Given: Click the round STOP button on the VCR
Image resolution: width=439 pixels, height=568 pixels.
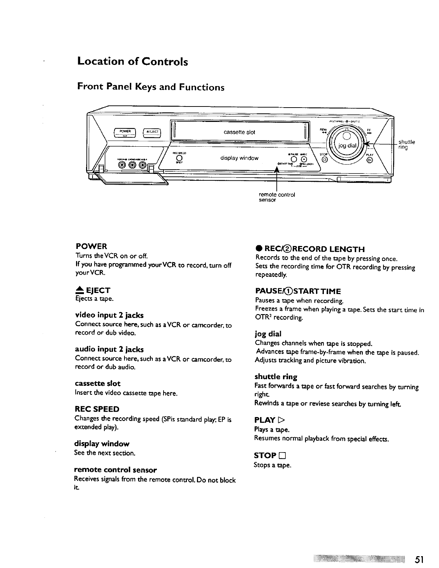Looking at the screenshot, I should (x=325, y=160).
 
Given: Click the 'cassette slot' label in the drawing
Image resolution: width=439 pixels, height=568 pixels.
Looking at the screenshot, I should (x=239, y=132).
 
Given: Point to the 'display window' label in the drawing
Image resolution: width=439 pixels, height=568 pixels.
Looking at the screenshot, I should (x=239, y=158).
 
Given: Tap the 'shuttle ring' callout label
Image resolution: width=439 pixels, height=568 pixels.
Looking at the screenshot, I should (x=407, y=144).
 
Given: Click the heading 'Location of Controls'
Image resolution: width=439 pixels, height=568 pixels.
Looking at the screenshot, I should (x=133, y=62).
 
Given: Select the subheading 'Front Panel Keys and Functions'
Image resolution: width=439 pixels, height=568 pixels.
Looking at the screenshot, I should (x=151, y=87).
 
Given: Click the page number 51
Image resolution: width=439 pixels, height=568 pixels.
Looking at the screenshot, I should (x=420, y=559).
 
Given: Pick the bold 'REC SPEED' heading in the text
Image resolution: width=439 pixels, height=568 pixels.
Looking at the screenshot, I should (x=97, y=409).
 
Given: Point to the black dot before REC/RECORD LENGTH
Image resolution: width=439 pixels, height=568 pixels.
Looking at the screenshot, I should (x=258, y=249).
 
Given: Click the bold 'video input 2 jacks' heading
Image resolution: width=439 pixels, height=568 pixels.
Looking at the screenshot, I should (x=109, y=315).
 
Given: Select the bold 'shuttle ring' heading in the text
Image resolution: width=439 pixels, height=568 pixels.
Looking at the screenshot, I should (x=276, y=377).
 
